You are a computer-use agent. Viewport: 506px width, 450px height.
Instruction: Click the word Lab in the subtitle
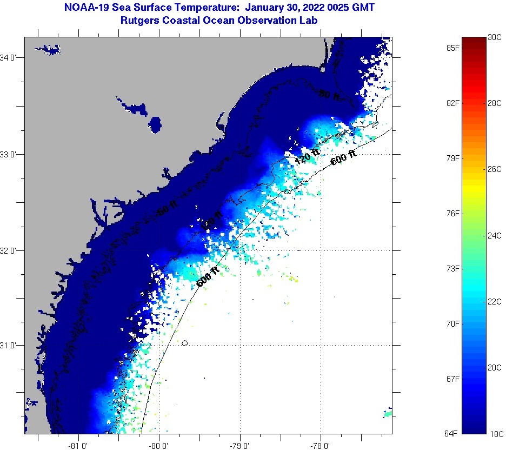309,20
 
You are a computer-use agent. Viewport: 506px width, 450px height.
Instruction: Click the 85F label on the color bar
453,48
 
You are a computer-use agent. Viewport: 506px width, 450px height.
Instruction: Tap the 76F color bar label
453,214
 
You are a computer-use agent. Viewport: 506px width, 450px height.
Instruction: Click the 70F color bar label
453,323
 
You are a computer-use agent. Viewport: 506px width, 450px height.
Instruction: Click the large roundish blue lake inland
155,124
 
